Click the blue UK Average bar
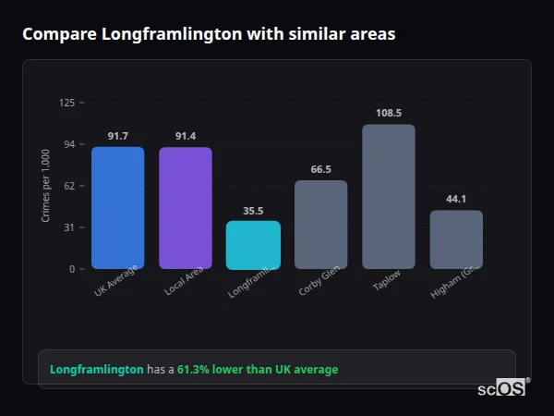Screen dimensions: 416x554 (x=117, y=208)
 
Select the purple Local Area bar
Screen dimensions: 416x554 (x=185, y=208)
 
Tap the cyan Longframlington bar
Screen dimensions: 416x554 (x=253, y=245)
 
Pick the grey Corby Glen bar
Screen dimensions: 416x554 (x=320, y=225)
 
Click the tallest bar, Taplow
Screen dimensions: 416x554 (x=389, y=197)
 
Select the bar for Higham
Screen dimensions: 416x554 (x=456, y=239)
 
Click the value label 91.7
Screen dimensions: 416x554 (x=117, y=137)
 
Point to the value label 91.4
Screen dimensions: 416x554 (x=185, y=137)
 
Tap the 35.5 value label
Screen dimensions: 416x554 (x=253, y=211)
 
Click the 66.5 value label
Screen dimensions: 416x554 (x=320, y=170)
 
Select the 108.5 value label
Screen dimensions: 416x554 (x=389, y=114)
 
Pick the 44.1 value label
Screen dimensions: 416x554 (x=456, y=200)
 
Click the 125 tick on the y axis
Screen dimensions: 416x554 (x=66, y=103)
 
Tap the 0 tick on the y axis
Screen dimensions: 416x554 (x=71, y=269)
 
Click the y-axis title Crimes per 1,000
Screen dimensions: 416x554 (x=45, y=185)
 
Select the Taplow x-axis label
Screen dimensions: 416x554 (x=386, y=281)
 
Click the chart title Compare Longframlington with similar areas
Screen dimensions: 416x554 (x=209, y=34)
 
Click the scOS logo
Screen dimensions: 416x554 (x=502, y=388)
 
